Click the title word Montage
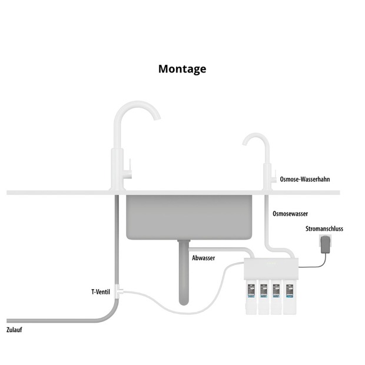(x=182, y=69)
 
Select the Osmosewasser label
(x=290, y=214)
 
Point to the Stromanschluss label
(x=324, y=228)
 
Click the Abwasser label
(x=203, y=258)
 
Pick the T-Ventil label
(x=101, y=291)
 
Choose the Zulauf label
(x=14, y=330)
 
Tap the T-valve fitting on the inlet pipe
(x=119, y=290)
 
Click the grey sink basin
(x=190, y=217)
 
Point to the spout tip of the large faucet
(x=158, y=117)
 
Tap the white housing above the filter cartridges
(x=270, y=270)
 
